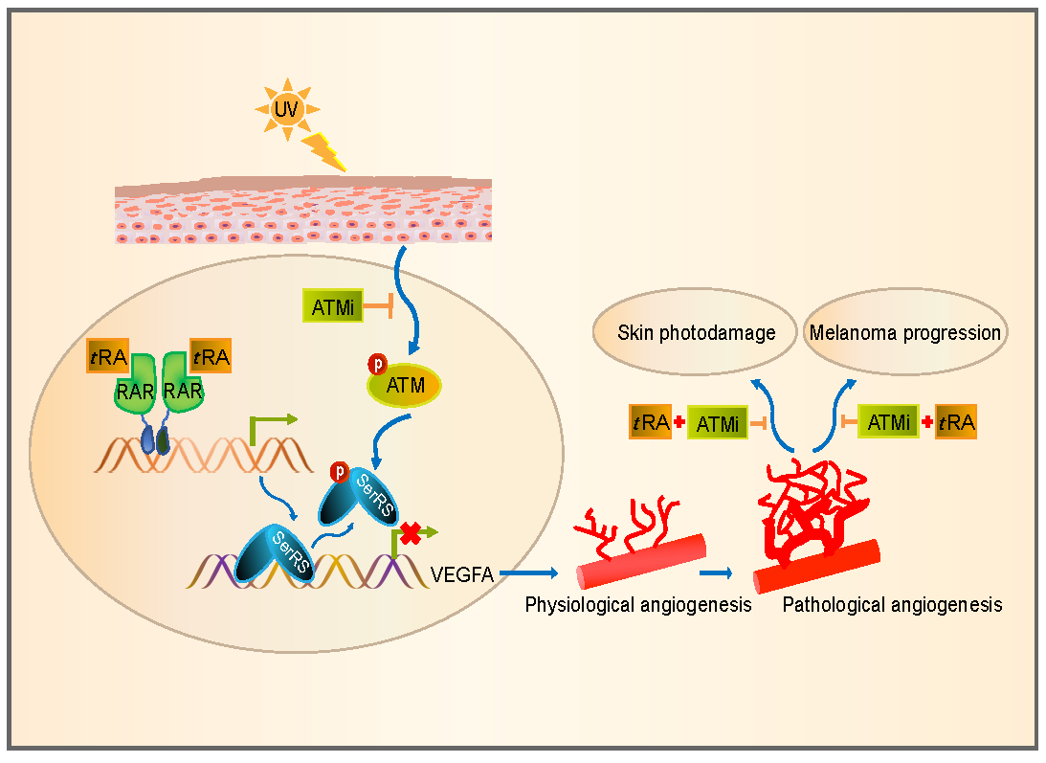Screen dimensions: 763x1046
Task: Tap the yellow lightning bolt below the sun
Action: [x=323, y=152]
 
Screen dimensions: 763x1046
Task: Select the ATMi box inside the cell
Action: [x=332, y=306]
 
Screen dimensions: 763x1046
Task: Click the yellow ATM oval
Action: [x=405, y=386]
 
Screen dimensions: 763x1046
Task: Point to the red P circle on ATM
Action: [x=377, y=365]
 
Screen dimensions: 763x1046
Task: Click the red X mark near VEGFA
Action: [x=411, y=534]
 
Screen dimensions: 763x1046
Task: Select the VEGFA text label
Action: [x=462, y=574]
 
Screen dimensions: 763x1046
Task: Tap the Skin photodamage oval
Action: [x=696, y=333]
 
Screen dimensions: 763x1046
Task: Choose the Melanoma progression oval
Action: [x=904, y=333]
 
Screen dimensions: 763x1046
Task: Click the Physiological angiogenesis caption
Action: [x=637, y=605]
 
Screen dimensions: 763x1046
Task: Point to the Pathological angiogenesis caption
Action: [x=892, y=605]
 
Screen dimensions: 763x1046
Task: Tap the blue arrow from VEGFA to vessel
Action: [x=527, y=573]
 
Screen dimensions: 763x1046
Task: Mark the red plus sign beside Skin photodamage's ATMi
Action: [x=679, y=422]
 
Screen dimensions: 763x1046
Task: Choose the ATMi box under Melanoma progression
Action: [x=889, y=421]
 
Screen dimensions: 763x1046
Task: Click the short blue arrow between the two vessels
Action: [x=715, y=573]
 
